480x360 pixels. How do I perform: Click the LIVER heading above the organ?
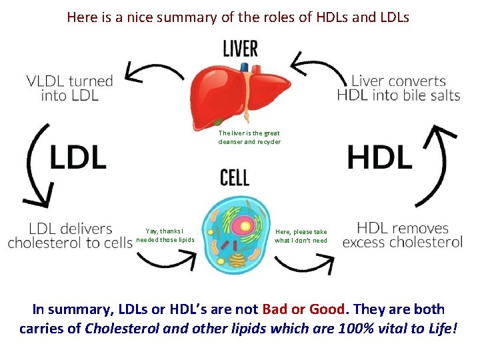click(x=240, y=49)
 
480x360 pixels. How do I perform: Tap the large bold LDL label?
click(x=78, y=157)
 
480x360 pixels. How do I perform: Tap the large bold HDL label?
click(x=379, y=157)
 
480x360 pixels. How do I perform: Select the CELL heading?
click(x=235, y=178)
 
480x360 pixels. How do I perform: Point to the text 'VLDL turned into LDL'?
click(x=70, y=88)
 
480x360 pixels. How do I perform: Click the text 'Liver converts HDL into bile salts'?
click(x=399, y=88)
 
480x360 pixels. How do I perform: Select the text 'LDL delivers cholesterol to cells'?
click(x=70, y=235)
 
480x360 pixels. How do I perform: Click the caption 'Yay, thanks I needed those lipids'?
click(x=165, y=235)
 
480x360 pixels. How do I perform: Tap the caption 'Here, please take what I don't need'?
click(x=301, y=236)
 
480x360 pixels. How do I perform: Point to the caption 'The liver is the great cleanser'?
click(x=249, y=137)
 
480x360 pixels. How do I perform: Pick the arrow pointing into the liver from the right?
click(x=320, y=67)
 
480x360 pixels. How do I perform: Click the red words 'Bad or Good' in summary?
click(x=304, y=309)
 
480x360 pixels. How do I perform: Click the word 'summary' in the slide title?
click(x=187, y=17)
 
